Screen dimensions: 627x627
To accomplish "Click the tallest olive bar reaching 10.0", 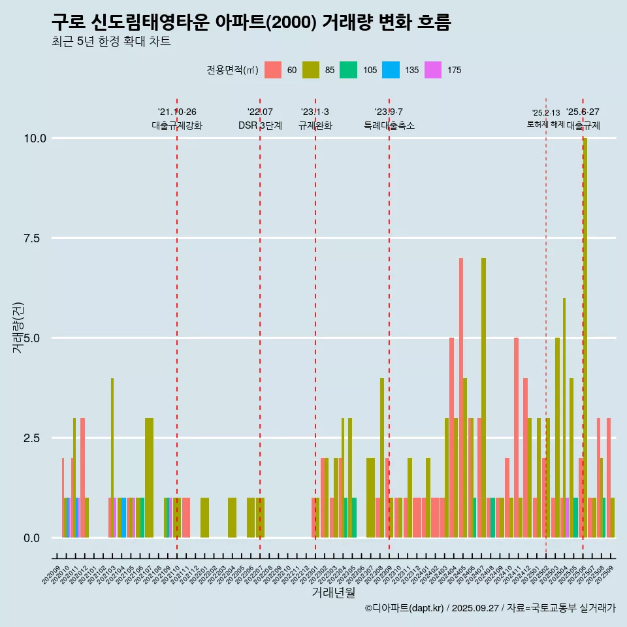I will [x=585, y=327].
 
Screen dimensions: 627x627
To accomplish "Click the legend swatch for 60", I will [x=272, y=70].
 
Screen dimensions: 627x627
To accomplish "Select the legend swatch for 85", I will [x=310, y=70].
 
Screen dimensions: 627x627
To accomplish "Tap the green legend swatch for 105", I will [x=348, y=70].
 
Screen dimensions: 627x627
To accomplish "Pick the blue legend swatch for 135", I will [x=391, y=70].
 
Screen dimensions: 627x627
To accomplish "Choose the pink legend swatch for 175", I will [x=432, y=70].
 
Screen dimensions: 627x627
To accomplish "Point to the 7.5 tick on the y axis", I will [x=33, y=238].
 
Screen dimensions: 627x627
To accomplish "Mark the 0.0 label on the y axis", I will [x=33, y=538].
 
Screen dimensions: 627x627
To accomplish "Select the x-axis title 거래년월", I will [x=333, y=592].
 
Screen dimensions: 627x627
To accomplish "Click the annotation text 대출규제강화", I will [x=177, y=125].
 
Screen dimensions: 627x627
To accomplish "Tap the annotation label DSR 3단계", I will [x=260, y=125].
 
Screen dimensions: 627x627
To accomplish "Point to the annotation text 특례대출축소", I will [x=389, y=125].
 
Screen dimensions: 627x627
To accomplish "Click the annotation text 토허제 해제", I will [x=545, y=124].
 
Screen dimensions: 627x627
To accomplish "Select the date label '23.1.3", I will [x=315, y=112].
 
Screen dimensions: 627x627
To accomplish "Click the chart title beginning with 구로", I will [x=251, y=22].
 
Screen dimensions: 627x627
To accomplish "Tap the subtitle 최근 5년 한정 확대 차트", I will [x=111, y=42].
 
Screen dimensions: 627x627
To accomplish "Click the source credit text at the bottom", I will [x=490, y=608].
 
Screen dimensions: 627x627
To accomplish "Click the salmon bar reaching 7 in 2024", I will [x=461, y=392].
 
